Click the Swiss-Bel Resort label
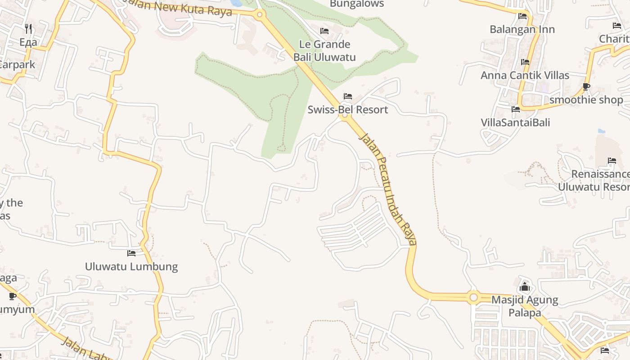point(347,109)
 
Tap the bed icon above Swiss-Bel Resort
point(347,96)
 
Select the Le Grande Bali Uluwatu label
point(324,50)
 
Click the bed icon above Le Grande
point(324,31)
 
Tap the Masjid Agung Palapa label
point(524,306)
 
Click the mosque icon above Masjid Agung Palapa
point(524,287)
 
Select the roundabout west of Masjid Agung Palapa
point(473,297)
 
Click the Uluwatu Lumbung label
point(131,266)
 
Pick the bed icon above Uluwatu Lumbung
point(131,253)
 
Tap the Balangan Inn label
point(522,29)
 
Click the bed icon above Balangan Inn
point(522,16)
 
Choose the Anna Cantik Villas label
point(525,75)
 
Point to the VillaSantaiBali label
point(515,122)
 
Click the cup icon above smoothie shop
point(586,86)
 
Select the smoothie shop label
point(586,99)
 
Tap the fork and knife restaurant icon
point(28,29)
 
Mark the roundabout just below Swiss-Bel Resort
point(345,116)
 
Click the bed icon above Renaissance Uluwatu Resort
point(612,161)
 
